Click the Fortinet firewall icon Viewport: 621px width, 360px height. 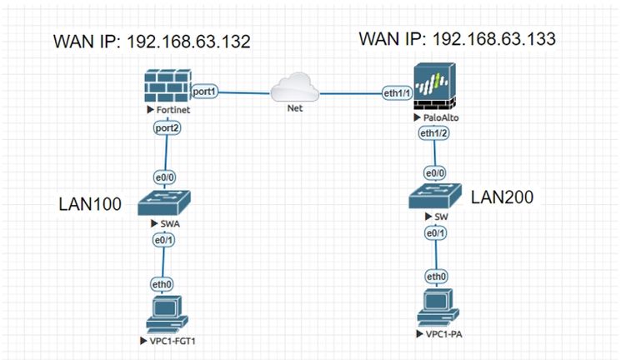click(167, 87)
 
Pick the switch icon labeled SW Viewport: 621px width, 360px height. click(434, 197)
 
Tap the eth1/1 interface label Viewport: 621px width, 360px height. click(396, 92)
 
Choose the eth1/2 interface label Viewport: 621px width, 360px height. click(434, 133)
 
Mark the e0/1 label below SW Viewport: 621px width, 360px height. click(435, 234)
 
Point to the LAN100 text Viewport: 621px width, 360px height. click(91, 203)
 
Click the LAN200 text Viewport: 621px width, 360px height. click(502, 197)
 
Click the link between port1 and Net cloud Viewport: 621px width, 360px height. click(243, 91)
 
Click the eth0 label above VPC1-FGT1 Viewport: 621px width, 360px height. click(167, 282)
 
